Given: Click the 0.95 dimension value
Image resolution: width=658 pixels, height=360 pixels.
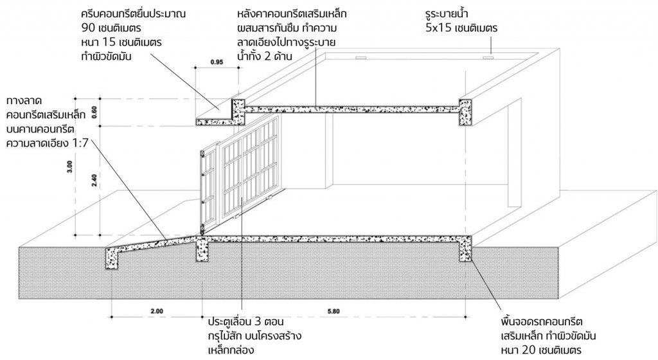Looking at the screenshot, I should (216, 62).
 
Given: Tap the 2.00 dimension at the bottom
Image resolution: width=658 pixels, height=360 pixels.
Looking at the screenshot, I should (157, 311).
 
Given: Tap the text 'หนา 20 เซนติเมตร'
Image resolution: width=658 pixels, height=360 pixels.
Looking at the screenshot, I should (542, 350).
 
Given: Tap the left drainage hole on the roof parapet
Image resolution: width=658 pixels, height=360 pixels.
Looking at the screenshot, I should (361, 57).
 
